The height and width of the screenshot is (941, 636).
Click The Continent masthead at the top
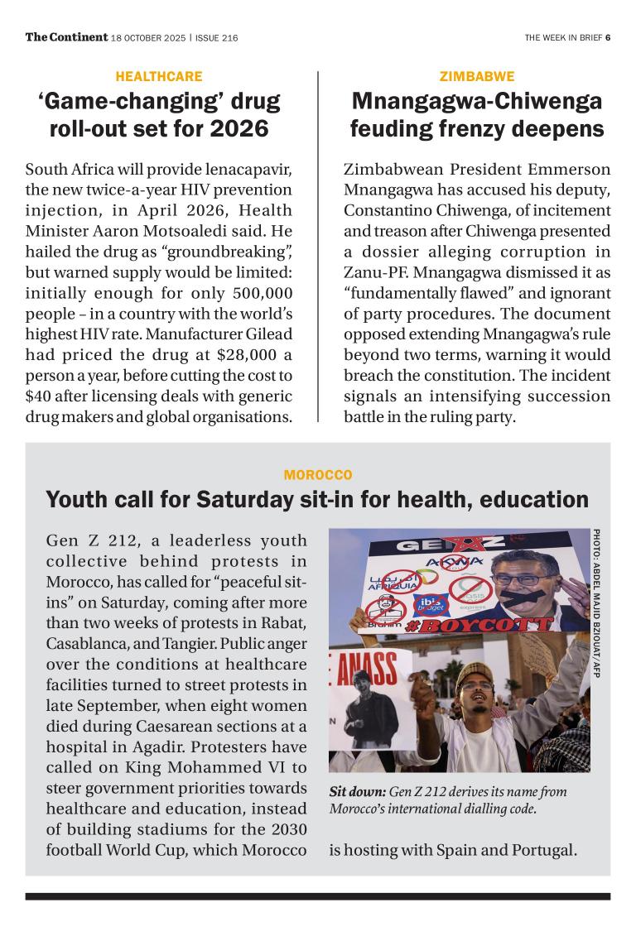(x=66, y=36)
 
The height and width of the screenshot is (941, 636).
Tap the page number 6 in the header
(x=607, y=37)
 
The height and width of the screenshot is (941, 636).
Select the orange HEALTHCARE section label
(x=158, y=77)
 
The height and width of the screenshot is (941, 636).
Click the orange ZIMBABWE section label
(x=477, y=77)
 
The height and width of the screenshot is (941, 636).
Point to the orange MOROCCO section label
(x=318, y=475)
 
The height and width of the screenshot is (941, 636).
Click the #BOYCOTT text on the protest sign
(x=477, y=623)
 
